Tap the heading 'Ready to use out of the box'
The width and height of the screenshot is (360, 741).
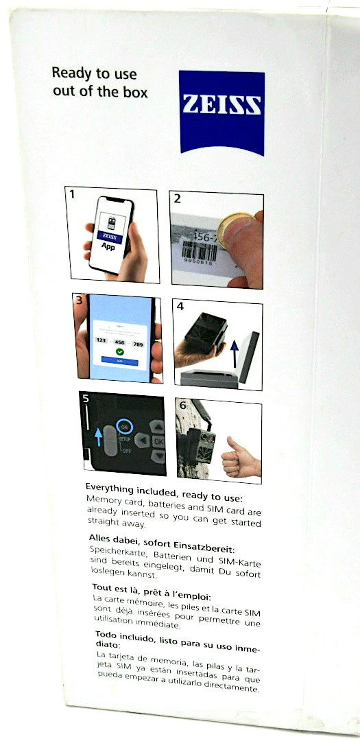[x=99, y=82]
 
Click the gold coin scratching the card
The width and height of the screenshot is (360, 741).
[x=235, y=234]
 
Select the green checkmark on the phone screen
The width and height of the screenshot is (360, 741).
[x=119, y=351]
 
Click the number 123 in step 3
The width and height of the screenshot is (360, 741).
[x=100, y=340]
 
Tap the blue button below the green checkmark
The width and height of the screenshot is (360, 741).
[x=119, y=360]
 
